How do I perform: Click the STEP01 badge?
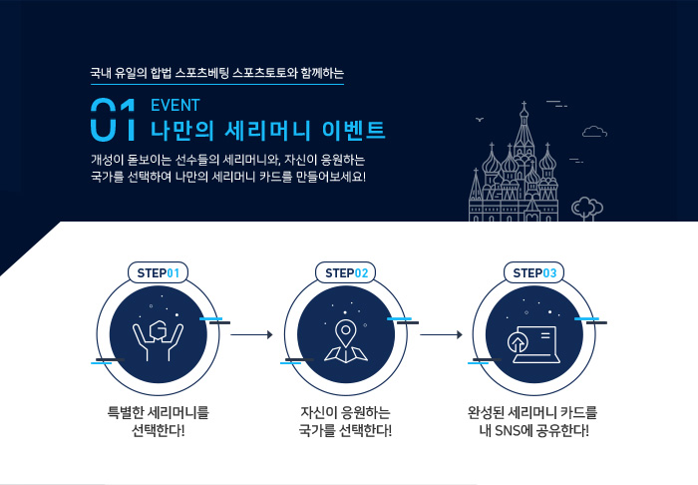coord(158,272)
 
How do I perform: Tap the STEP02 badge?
coord(346,272)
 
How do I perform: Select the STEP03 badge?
coord(533,272)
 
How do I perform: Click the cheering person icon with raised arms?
coord(158,340)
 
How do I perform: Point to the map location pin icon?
coord(346,340)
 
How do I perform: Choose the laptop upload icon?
coord(532,344)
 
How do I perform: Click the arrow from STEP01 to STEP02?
coord(251,334)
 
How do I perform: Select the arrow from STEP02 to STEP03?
coord(441,334)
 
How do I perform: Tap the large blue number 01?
coord(113,120)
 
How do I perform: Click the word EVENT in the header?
coord(175,105)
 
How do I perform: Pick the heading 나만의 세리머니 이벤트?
coord(267,131)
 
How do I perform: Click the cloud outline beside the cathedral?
coord(594,132)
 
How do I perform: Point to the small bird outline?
coord(480,119)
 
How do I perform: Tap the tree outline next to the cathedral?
coord(587,209)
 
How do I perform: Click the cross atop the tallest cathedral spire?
coord(523,105)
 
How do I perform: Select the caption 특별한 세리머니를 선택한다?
coord(158,421)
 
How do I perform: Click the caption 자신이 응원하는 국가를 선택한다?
coord(345,421)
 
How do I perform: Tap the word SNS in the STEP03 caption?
coord(508,431)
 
